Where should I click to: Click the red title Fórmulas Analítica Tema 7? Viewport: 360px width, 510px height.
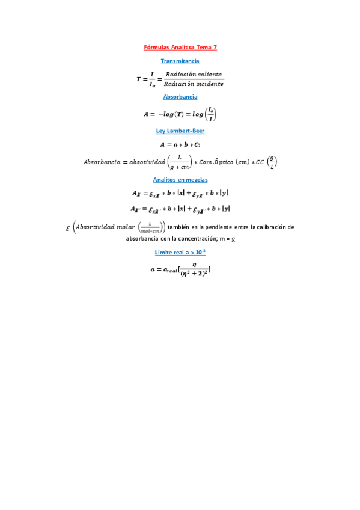tap(180, 47)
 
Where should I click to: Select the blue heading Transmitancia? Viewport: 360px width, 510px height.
tap(180, 61)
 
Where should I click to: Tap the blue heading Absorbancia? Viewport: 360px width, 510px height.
tap(180, 96)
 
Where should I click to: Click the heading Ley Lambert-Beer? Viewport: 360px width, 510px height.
tap(180, 131)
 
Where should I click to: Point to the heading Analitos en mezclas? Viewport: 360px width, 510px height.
tap(180, 179)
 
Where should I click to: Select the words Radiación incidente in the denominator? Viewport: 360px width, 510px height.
tap(194, 84)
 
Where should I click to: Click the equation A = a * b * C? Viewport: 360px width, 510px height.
tap(180, 144)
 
